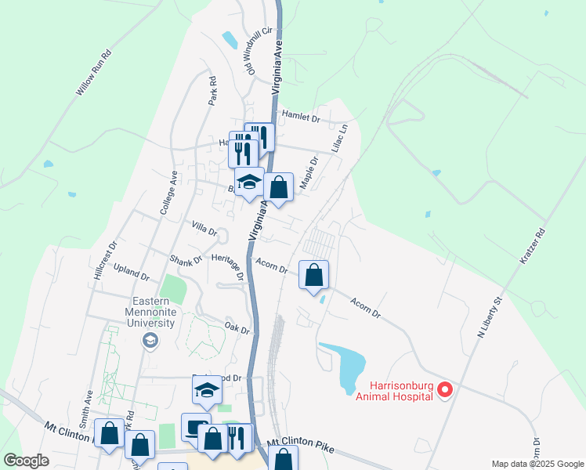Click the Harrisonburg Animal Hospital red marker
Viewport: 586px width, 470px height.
445,389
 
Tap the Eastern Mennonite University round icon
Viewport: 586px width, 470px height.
149,339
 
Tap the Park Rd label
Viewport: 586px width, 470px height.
212,91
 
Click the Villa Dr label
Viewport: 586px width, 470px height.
204,228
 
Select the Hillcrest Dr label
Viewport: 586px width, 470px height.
104,259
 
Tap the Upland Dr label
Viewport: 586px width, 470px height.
132,273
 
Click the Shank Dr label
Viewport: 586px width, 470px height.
186,258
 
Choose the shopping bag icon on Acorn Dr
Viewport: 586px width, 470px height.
313,275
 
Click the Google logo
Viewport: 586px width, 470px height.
27,460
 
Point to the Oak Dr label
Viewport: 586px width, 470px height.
237,327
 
